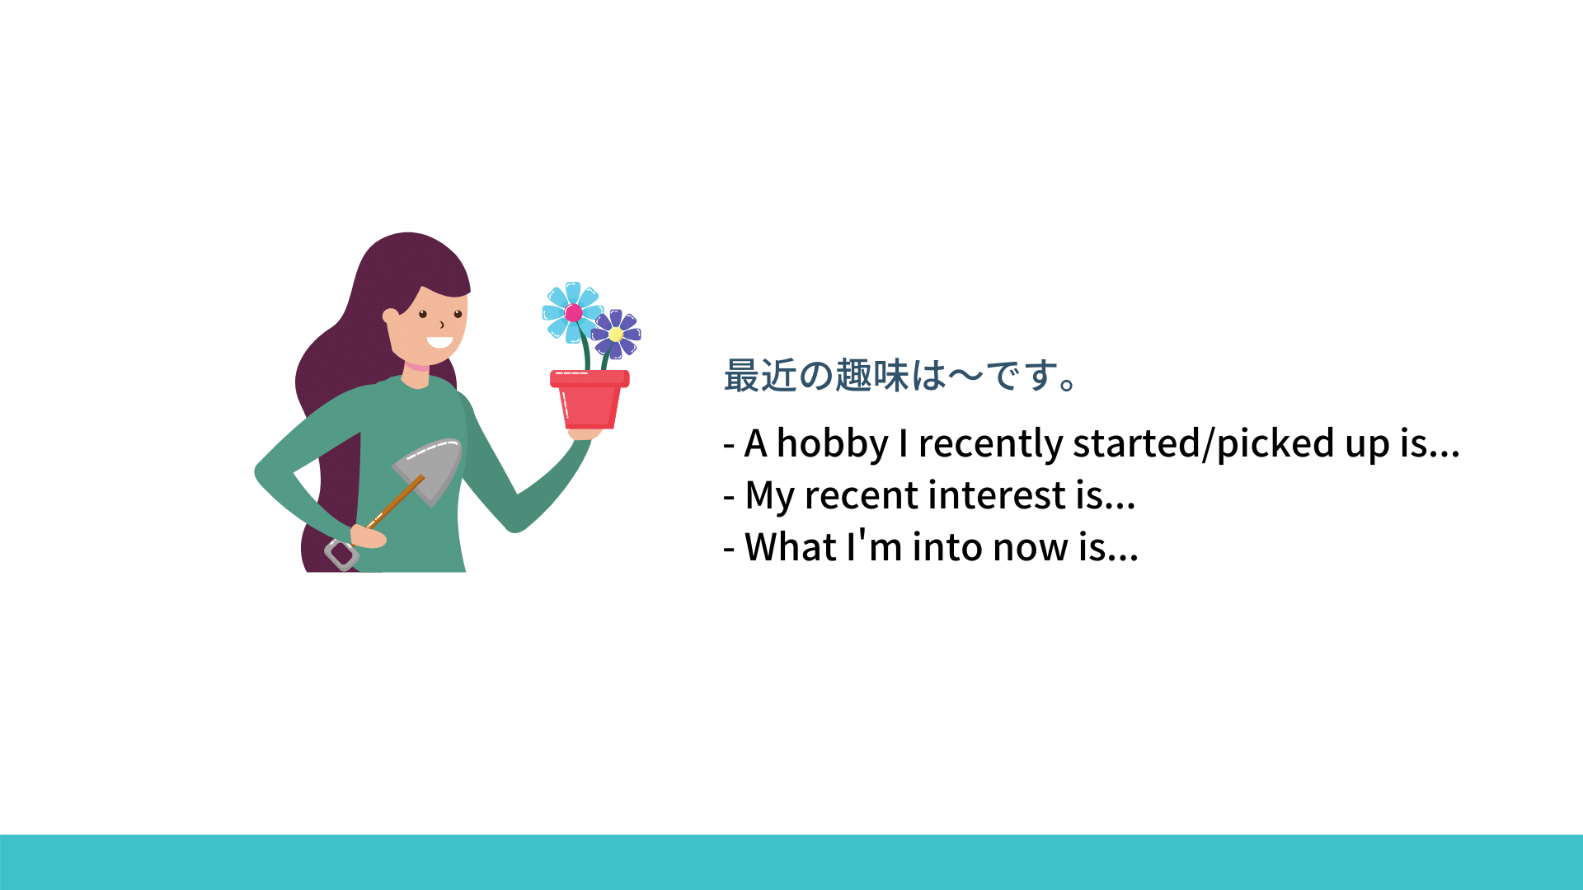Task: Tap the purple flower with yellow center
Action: pos(616,334)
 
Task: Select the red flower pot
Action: pos(590,400)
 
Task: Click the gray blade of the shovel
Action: pos(429,470)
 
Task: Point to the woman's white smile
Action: pos(439,342)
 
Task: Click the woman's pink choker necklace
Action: pos(416,366)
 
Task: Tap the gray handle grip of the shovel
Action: pos(341,554)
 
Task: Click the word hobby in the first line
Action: pos(833,444)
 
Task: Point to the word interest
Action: pos(1001,495)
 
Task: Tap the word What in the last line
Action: pos(791,547)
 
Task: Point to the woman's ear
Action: pos(391,316)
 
